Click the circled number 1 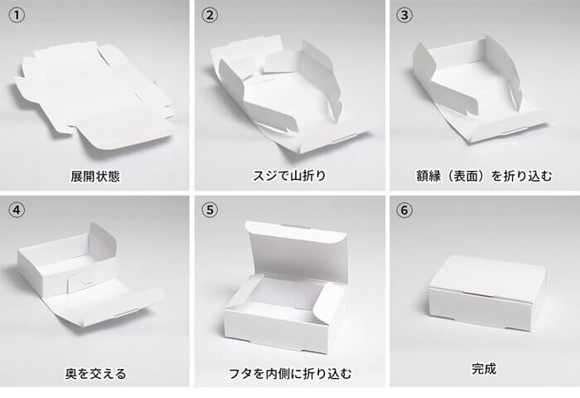(x=17, y=16)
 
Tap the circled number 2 (x=210, y=16)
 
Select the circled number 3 (x=404, y=16)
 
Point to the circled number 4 (x=17, y=211)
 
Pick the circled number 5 (x=210, y=211)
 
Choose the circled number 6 (x=404, y=211)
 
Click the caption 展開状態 (x=95, y=176)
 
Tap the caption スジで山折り (x=289, y=176)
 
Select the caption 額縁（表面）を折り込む (x=484, y=176)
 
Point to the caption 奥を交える (x=95, y=374)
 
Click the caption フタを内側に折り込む (x=290, y=374)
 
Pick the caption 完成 (x=483, y=369)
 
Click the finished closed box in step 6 (x=486, y=293)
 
